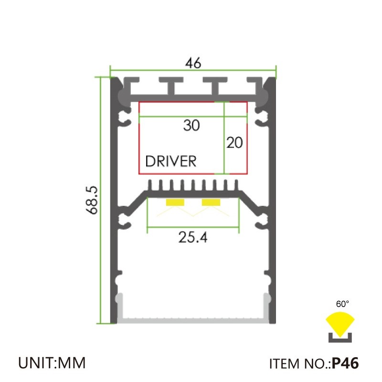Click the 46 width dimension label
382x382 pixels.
pos(193,63)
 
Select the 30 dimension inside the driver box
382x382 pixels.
pos(191,126)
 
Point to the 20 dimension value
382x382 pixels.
pos(234,142)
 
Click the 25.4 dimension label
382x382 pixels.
pos(193,237)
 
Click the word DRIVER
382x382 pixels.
pos(170,161)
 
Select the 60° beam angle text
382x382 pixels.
pos(342,304)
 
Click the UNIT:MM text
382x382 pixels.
pos(52,363)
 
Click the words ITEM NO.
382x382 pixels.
pos(299,364)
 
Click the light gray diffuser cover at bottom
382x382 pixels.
pos(193,319)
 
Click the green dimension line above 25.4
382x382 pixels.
pos(193,228)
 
